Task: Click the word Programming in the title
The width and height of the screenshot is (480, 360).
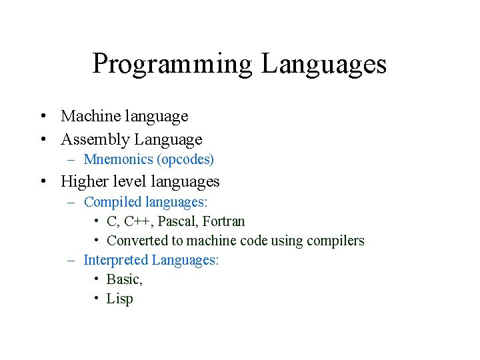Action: click(x=173, y=65)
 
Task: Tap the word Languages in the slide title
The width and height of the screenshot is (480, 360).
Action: click(x=324, y=65)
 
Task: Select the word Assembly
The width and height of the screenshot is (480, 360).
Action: click(x=95, y=140)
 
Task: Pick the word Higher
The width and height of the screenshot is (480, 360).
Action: click(x=83, y=181)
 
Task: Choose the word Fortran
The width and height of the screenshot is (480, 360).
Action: click(x=223, y=221)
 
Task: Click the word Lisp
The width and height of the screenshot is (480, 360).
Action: click(x=120, y=299)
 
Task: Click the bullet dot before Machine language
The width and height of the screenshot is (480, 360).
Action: click(x=42, y=117)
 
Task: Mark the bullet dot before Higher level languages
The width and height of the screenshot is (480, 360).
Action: click(x=42, y=182)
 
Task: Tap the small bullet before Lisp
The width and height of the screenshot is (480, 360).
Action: click(x=97, y=298)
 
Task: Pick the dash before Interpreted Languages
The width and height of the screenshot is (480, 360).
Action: click(x=71, y=261)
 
